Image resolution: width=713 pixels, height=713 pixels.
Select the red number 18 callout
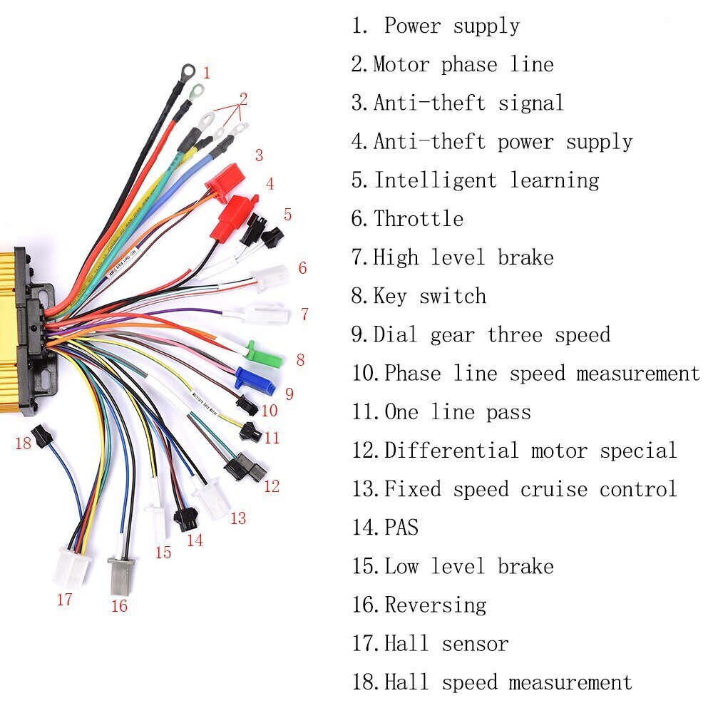pyautogui.click(x=24, y=443)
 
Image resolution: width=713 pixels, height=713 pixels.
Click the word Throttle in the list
pyautogui.click(x=419, y=219)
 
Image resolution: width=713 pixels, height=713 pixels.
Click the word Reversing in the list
pyautogui.click(x=436, y=605)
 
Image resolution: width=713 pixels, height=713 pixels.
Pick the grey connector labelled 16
pyautogui.click(x=119, y=576)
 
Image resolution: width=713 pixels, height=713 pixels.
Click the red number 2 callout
pyautogui.click(x=243, y=98)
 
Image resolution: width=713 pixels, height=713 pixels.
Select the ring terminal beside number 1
pyautogui.click(x=188, y=71)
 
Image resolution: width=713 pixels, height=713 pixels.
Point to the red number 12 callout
pyautogui.click(x=272, y=487)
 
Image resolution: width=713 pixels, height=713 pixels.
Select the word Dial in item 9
pyautogui.click(x=395, y=335)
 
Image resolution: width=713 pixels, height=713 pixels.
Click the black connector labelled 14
pyautogui.click(x=185, y=519)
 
